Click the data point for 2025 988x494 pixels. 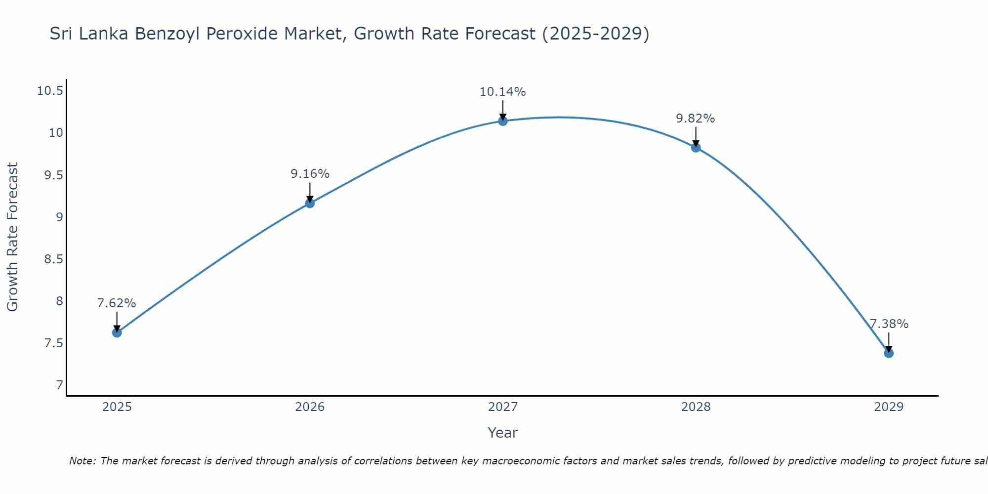tap(117, 332)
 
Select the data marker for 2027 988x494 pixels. tap(503, 121)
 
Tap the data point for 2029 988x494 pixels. tap(889, 353)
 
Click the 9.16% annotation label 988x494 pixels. tap(310, 174)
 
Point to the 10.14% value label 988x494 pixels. tap(502, 92)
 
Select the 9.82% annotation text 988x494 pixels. tap(695, 119)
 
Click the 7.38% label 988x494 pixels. tap(889, 324)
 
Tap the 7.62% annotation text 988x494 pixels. tap(117, 303)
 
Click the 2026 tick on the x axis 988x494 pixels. tap(310, 407)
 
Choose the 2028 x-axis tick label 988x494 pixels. tap(696, 407)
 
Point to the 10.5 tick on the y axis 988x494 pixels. tap(50, 91)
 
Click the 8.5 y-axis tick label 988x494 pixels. tap(53, 259)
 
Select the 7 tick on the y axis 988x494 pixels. tap(59, 385)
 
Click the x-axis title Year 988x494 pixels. tap(502, 433)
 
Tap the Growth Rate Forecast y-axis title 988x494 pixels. tap(12, 237)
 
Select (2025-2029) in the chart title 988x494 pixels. tap(595, 34)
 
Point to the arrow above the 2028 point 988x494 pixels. tap(696, 136)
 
